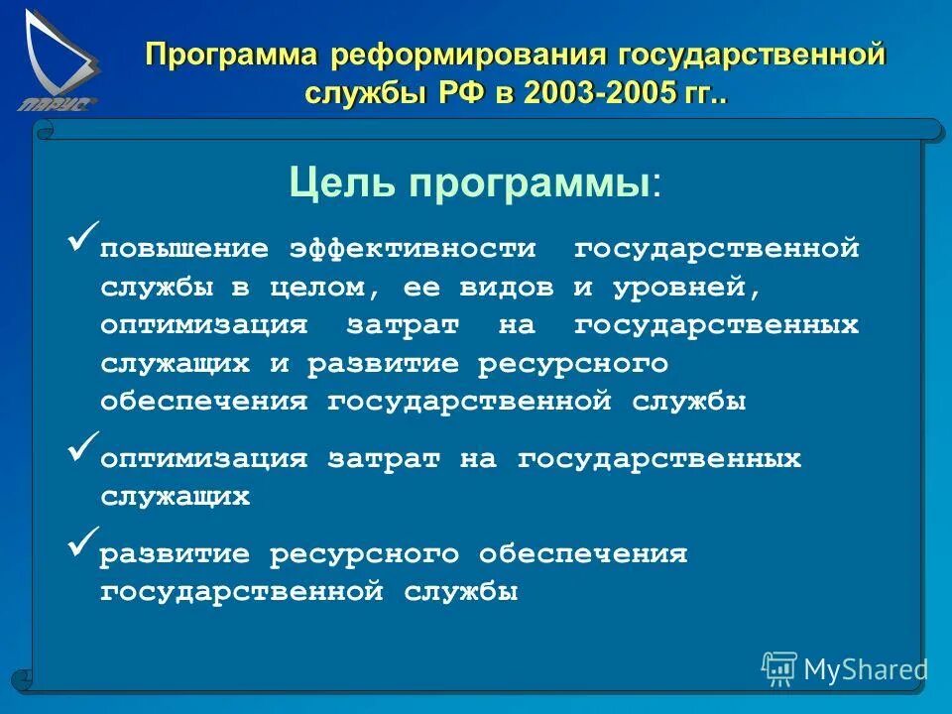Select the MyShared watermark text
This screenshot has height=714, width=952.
point(865,670)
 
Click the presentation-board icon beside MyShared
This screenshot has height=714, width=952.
point(778,669)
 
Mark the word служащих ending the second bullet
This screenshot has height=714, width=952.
point(175,497)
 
